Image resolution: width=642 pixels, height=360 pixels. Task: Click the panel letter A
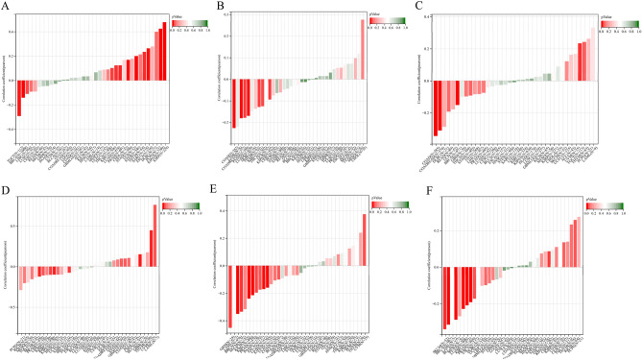[6, 6]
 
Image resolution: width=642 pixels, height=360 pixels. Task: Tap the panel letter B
[220, 6]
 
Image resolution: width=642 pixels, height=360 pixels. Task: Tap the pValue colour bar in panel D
[179, 204]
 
